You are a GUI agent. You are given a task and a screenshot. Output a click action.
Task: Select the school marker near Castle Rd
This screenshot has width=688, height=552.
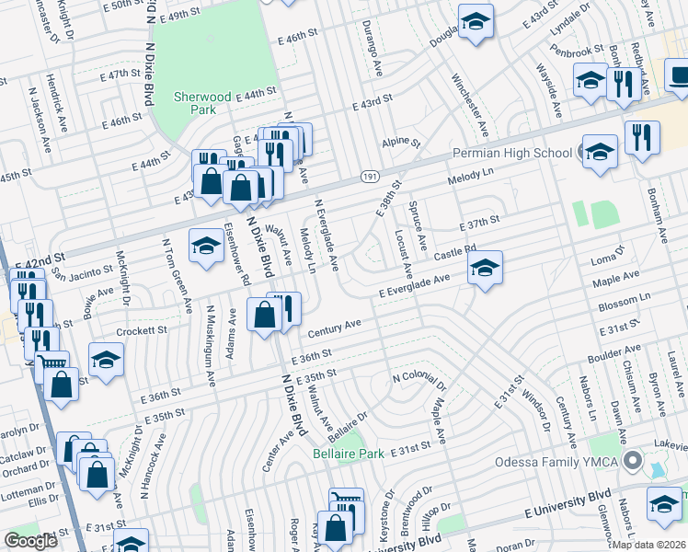[x=484, y=268]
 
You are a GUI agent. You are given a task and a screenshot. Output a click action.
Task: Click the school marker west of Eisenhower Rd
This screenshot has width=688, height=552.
[x=206, y=245]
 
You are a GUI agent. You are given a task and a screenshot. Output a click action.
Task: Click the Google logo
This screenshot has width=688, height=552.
[x=31, y=541]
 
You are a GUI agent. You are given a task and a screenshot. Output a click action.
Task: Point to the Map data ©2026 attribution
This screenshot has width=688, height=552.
[x=649, y=544]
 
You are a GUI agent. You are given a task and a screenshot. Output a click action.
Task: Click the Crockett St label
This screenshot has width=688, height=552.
[x=142, y=328]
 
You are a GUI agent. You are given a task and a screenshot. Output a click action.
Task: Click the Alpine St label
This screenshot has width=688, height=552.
[x=401, y=144]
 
